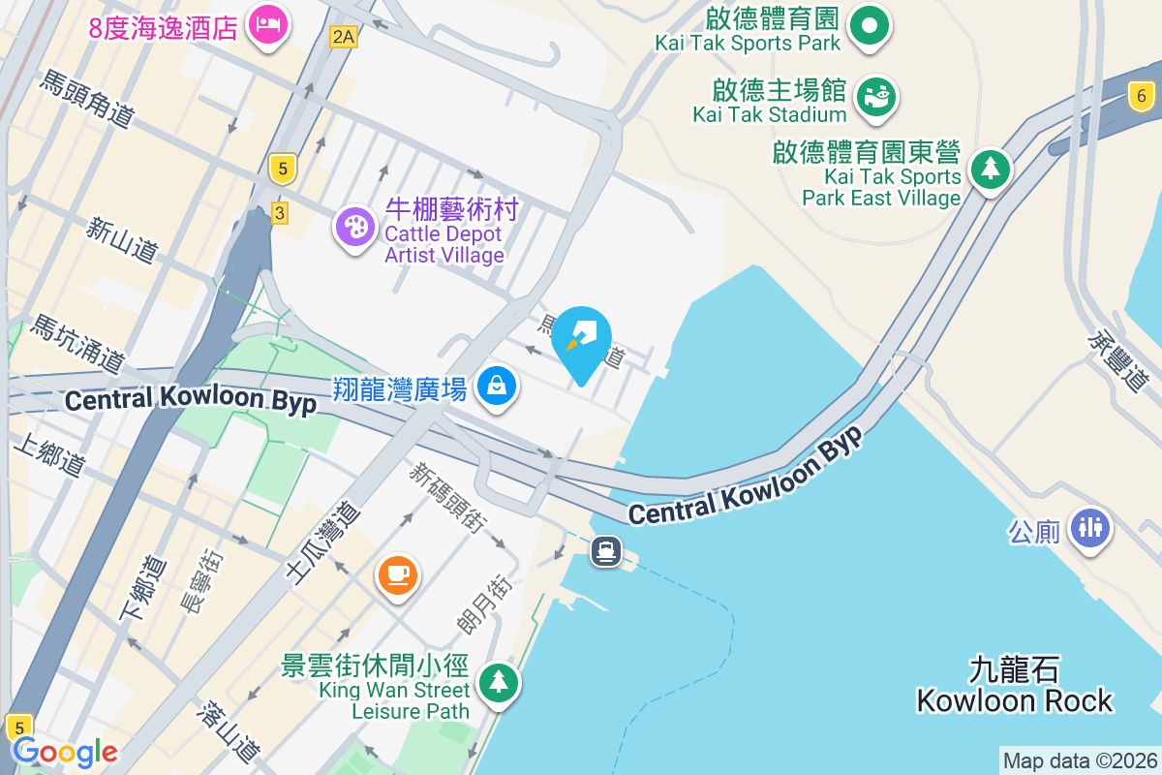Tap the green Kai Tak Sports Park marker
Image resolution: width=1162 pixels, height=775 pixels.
(x=870, y=27)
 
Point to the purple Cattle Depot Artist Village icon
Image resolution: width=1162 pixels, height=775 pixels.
(x=355, y=228)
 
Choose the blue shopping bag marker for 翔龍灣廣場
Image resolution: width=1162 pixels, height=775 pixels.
(x=497, y=387)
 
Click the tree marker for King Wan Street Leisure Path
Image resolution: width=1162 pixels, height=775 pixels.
(x=498, y=683)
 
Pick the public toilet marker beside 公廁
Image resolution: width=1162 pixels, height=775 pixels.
(x=1090, y=528)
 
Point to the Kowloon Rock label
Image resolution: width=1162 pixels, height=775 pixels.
(x=1014, y=685)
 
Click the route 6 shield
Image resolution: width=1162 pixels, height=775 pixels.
(x=1142, y=95)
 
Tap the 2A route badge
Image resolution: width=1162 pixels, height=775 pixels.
(x=343, y=37)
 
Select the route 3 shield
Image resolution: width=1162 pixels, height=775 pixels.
(x=280, y=212)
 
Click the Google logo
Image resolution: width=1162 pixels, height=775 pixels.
(x=65, y=752)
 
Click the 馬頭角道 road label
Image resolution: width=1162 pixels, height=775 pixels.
(x=85, y=99)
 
